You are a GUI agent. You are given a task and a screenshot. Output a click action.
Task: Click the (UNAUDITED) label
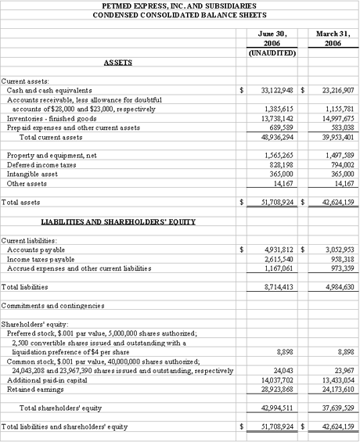click(271, 53)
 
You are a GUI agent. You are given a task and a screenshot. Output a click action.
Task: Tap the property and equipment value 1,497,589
click(337, 156)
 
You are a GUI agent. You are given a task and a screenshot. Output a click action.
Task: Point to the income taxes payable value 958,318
click(340, 258)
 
